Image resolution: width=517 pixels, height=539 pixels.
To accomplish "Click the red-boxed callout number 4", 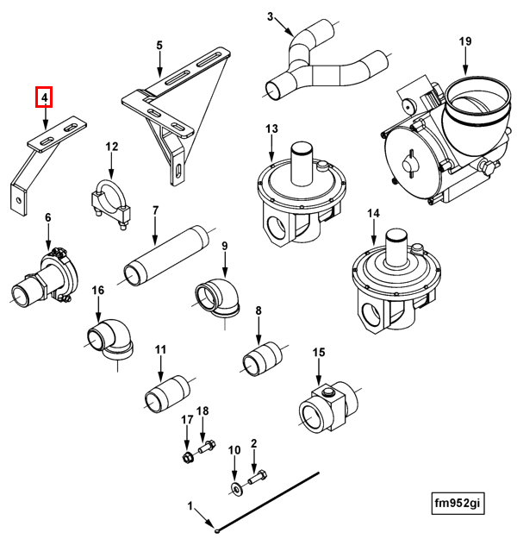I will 44,97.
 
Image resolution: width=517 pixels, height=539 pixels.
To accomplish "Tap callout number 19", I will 465,41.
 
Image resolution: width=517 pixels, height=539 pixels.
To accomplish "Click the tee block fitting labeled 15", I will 327,404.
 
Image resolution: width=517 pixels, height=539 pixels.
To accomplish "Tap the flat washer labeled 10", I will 235,489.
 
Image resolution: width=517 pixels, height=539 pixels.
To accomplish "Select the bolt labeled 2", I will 258,476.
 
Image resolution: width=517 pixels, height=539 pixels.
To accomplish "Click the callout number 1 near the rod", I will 192,504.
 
